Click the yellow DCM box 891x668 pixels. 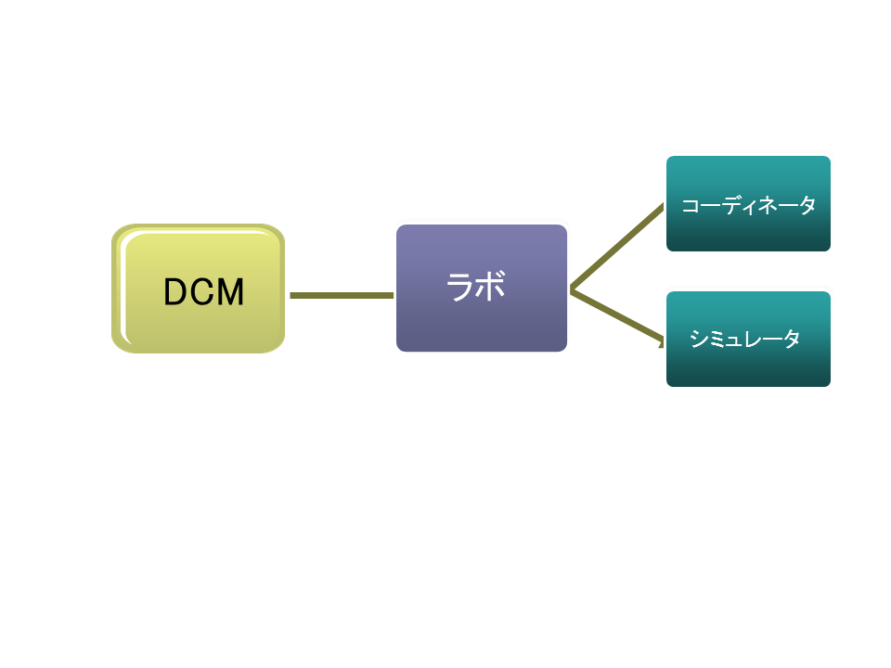(198, 289)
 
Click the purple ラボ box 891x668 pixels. (481, 289)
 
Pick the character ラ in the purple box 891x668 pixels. (461, 287)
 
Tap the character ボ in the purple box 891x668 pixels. (491, 287)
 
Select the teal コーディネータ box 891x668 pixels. (748, 204)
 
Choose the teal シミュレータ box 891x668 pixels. (748, 340)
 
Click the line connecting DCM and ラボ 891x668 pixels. (341, 295)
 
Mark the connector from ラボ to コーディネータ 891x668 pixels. (618, 247)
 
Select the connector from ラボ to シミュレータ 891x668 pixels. (618, 316)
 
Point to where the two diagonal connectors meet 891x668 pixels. (572, 290)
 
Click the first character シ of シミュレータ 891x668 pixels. (699, 340)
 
